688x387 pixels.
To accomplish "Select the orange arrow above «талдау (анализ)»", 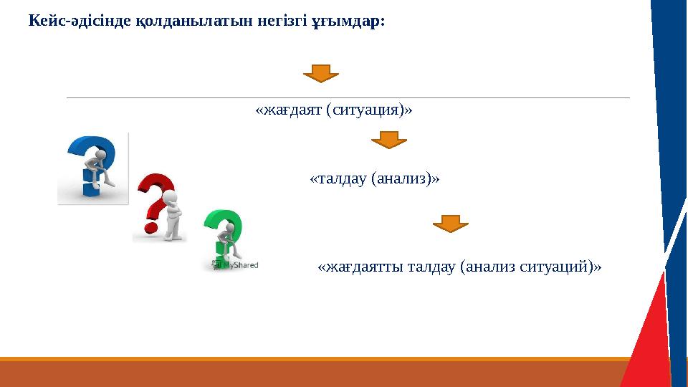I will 388,140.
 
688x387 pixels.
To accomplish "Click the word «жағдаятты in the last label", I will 360,267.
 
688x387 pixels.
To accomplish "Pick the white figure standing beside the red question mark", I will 171,215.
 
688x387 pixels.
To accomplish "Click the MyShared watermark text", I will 240,264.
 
